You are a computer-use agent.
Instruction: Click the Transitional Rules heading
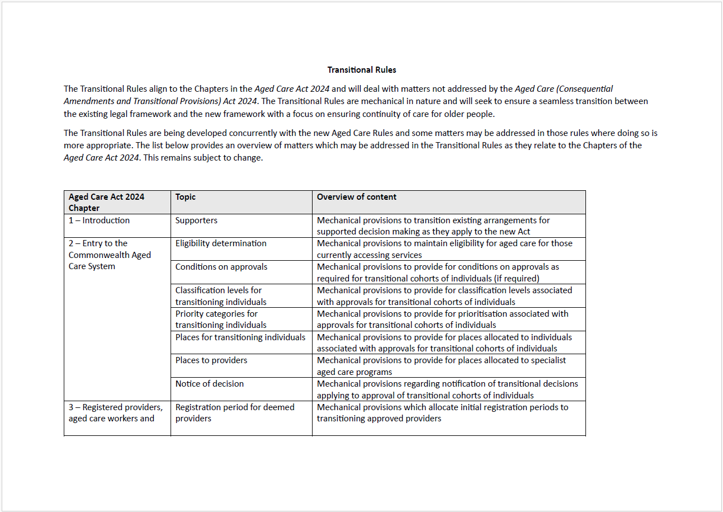[362, 70]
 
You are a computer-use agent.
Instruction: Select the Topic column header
[186, 197]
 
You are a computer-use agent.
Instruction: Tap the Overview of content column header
[357, 197]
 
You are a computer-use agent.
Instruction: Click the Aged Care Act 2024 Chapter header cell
[106, 202]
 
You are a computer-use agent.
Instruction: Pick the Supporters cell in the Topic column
[196, 220]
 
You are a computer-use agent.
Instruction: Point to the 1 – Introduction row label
[99, 220]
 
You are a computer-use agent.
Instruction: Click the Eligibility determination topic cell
[221, 243]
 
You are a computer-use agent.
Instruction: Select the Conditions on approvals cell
[221, 267]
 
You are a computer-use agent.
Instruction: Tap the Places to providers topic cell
[211, 360]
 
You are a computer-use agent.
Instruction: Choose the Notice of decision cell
[210, 384]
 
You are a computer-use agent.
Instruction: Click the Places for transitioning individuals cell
[240, 337]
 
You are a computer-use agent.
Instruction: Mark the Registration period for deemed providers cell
[235, 412]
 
